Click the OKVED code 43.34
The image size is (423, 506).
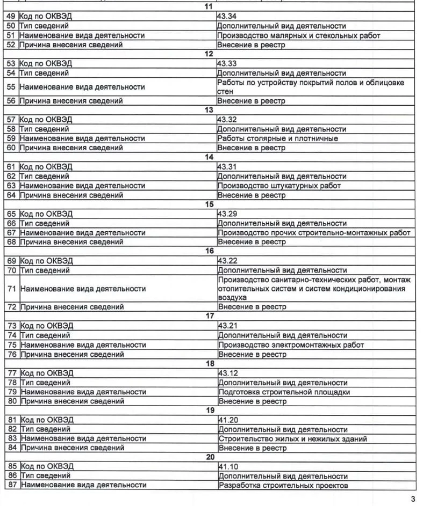point(226,17)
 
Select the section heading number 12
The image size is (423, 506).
point(210,54)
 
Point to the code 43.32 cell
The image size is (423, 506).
point(226,120)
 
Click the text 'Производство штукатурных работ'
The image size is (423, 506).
point(279,186)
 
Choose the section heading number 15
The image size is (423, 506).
point(210,204)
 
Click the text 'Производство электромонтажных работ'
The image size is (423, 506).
point(291,344)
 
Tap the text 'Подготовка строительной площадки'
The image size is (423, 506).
point(284,392)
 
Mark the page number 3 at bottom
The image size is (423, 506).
point(413,499)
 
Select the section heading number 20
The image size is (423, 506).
point(210,457)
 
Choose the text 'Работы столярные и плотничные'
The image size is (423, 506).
point(278,138)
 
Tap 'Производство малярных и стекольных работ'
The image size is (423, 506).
point(298,35)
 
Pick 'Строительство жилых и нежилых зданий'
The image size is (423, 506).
point(293,439)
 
